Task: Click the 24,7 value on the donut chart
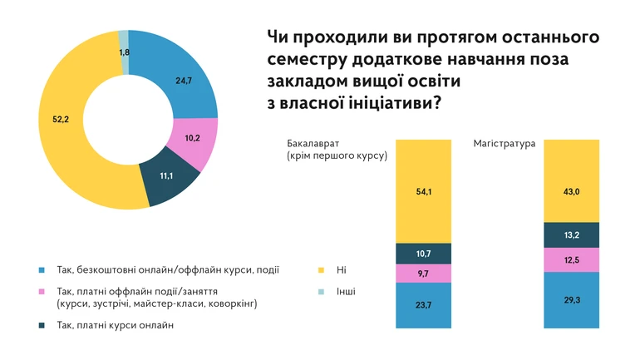click(185, 81)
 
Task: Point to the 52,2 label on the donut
click(60, 121)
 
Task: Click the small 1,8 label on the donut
click(125, 52)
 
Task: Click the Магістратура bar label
click(505, 143)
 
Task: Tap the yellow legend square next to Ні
click(322, 270)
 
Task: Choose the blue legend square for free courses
click(42, 270)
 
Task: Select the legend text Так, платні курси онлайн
click(116, 325)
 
